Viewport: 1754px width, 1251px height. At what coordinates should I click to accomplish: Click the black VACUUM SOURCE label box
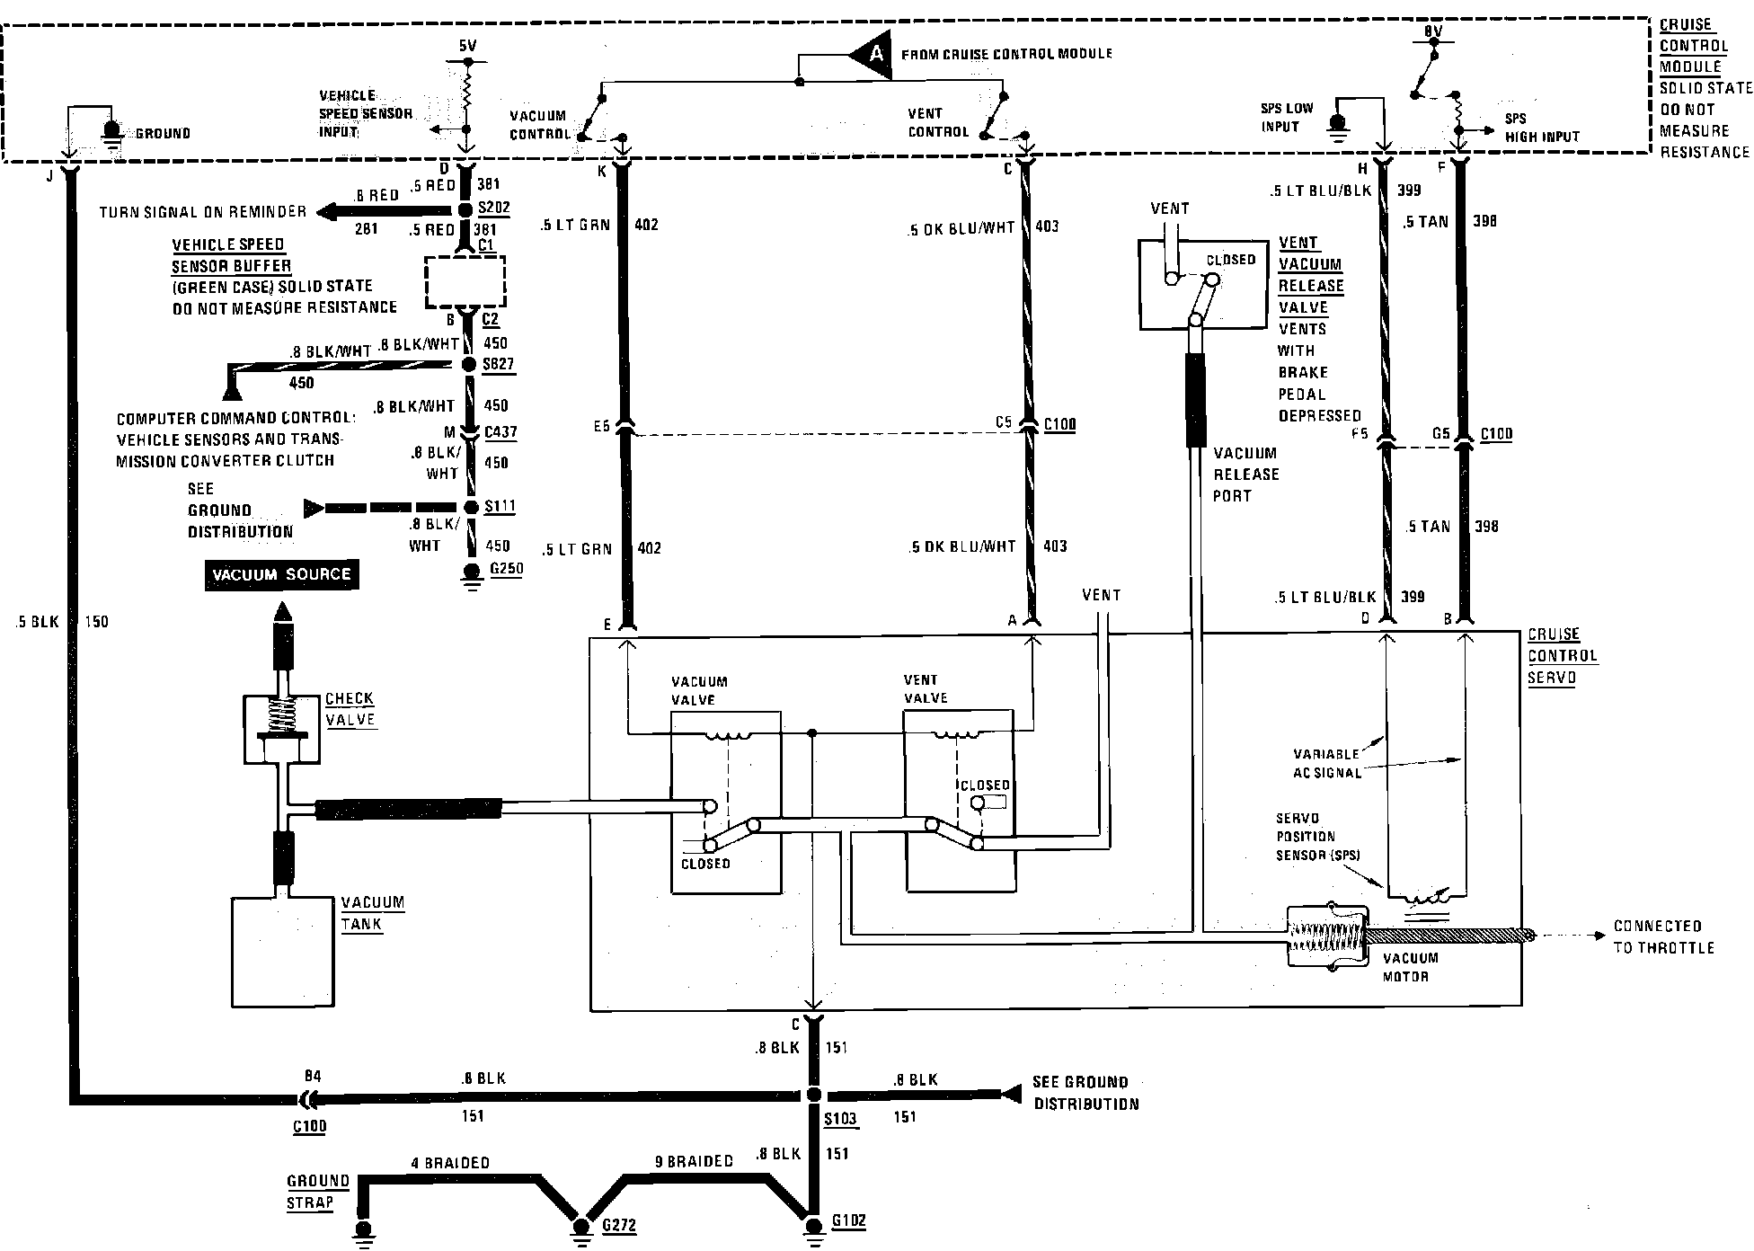[x=282, y=575]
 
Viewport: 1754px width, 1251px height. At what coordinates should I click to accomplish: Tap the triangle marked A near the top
[x=871, y=55]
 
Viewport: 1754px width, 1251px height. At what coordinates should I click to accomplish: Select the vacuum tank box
[x=282, y=952]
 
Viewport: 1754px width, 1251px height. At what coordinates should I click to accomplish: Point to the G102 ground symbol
[x=812, y=1226]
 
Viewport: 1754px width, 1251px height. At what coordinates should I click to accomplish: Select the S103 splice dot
[x=812, y=1096]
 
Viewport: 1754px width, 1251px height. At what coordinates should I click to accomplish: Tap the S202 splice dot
[x=465, y=209]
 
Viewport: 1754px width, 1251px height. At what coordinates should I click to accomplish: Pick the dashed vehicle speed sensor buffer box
[x=465, y=281]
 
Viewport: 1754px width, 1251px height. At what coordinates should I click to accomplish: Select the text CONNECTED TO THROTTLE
[x=1663, y=936]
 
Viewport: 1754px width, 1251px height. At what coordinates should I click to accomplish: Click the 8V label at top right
[x=1432, y=32]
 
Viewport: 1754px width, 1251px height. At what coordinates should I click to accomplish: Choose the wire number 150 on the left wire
[x=95, y=622]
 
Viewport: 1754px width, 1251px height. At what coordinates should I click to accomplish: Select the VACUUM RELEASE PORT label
[x=1245, y=475]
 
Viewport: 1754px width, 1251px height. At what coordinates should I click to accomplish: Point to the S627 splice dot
[x=468, y=364]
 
